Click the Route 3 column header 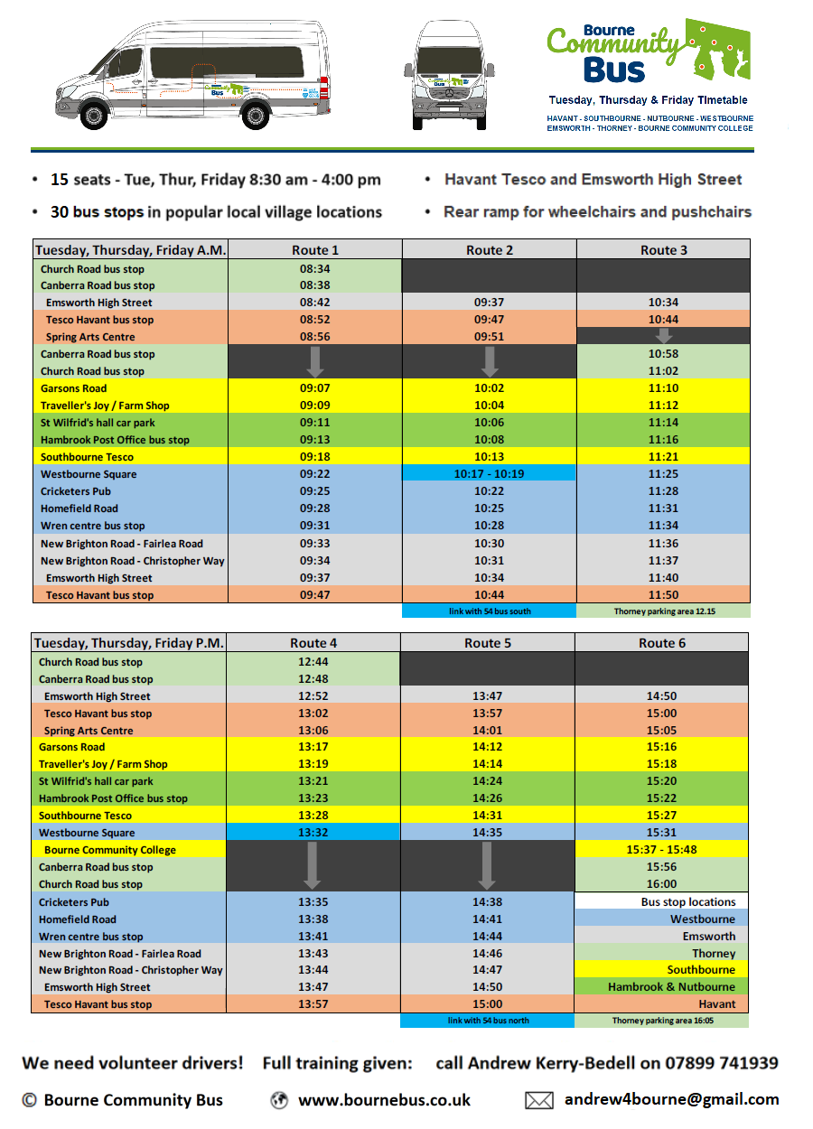coord(663,250)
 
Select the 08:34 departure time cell coord(314,269)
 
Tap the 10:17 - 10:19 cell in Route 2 coord(489,474)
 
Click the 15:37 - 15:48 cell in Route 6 coord(661,850)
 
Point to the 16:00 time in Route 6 coord(661,884)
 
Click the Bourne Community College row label coord(110,850)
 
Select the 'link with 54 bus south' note coord(489,611)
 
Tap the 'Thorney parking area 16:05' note coord(662,1021)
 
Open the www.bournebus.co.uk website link coord(384,1100)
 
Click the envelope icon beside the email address coord(538,1100)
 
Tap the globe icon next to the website coord(279,1100)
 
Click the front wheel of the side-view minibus coord(94,117)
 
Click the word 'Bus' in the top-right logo coord(614,69)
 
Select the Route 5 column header coord(488,643)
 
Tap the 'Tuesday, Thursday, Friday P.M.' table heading coord(128,643)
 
